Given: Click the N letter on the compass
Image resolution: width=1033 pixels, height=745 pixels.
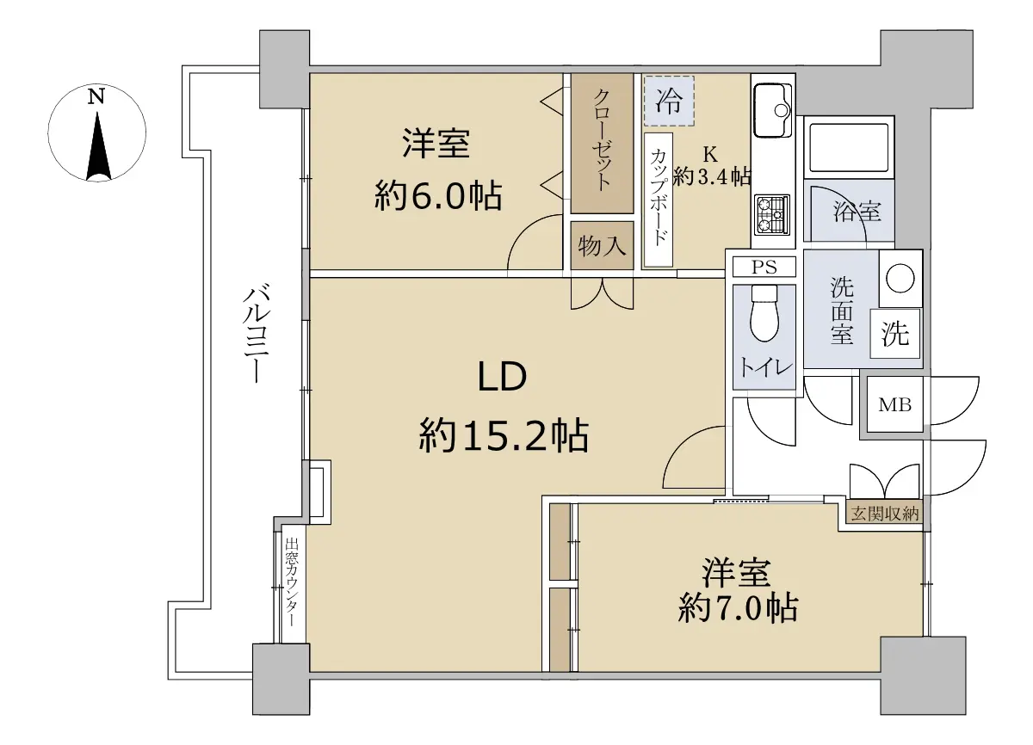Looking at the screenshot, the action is point(96,96).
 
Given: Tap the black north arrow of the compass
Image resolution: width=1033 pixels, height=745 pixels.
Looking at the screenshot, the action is point(98,146).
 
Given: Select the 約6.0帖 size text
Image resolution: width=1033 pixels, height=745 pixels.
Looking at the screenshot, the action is point(437,196).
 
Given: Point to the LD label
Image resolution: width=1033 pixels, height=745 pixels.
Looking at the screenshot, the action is point(502,377).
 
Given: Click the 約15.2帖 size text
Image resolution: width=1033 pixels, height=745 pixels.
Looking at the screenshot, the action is point(504,435).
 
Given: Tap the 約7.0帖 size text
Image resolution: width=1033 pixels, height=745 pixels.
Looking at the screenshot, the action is point(738,608).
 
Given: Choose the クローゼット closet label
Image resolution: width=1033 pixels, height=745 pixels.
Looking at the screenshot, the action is point(602,140).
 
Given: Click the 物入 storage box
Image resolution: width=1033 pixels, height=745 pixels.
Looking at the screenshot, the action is point(602,245).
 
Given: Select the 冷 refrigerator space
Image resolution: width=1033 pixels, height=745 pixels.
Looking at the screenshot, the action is point(669,101).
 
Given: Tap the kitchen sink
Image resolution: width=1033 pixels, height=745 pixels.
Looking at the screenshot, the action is point(773,111).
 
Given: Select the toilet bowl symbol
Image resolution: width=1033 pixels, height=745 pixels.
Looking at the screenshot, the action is point(764,313).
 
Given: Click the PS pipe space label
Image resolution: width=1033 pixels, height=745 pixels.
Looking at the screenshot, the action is point(764,268).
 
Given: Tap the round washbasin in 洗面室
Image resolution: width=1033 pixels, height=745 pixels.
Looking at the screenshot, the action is point(900,278).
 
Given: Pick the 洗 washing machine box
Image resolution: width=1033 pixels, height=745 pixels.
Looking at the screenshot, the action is point(895,334).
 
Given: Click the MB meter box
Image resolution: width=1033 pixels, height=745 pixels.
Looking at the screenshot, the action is point(894,404).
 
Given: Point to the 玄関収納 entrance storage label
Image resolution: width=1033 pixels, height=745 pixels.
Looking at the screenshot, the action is point(885,514).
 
